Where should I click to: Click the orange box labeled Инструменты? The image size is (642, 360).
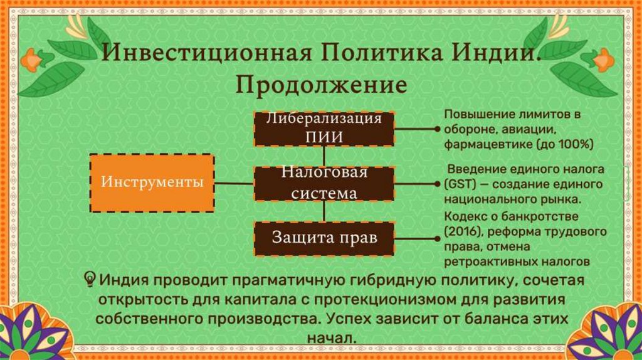pos(152,184)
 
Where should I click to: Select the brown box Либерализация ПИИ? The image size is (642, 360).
pos(324,129)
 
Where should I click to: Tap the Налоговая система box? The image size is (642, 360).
pos(324,184)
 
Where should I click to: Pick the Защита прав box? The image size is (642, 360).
pos(324,238)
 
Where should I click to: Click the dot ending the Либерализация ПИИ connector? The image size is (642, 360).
pos(437,129)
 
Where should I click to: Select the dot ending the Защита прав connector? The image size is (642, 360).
pos(437,238)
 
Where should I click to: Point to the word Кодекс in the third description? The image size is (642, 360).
pos(463,217)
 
